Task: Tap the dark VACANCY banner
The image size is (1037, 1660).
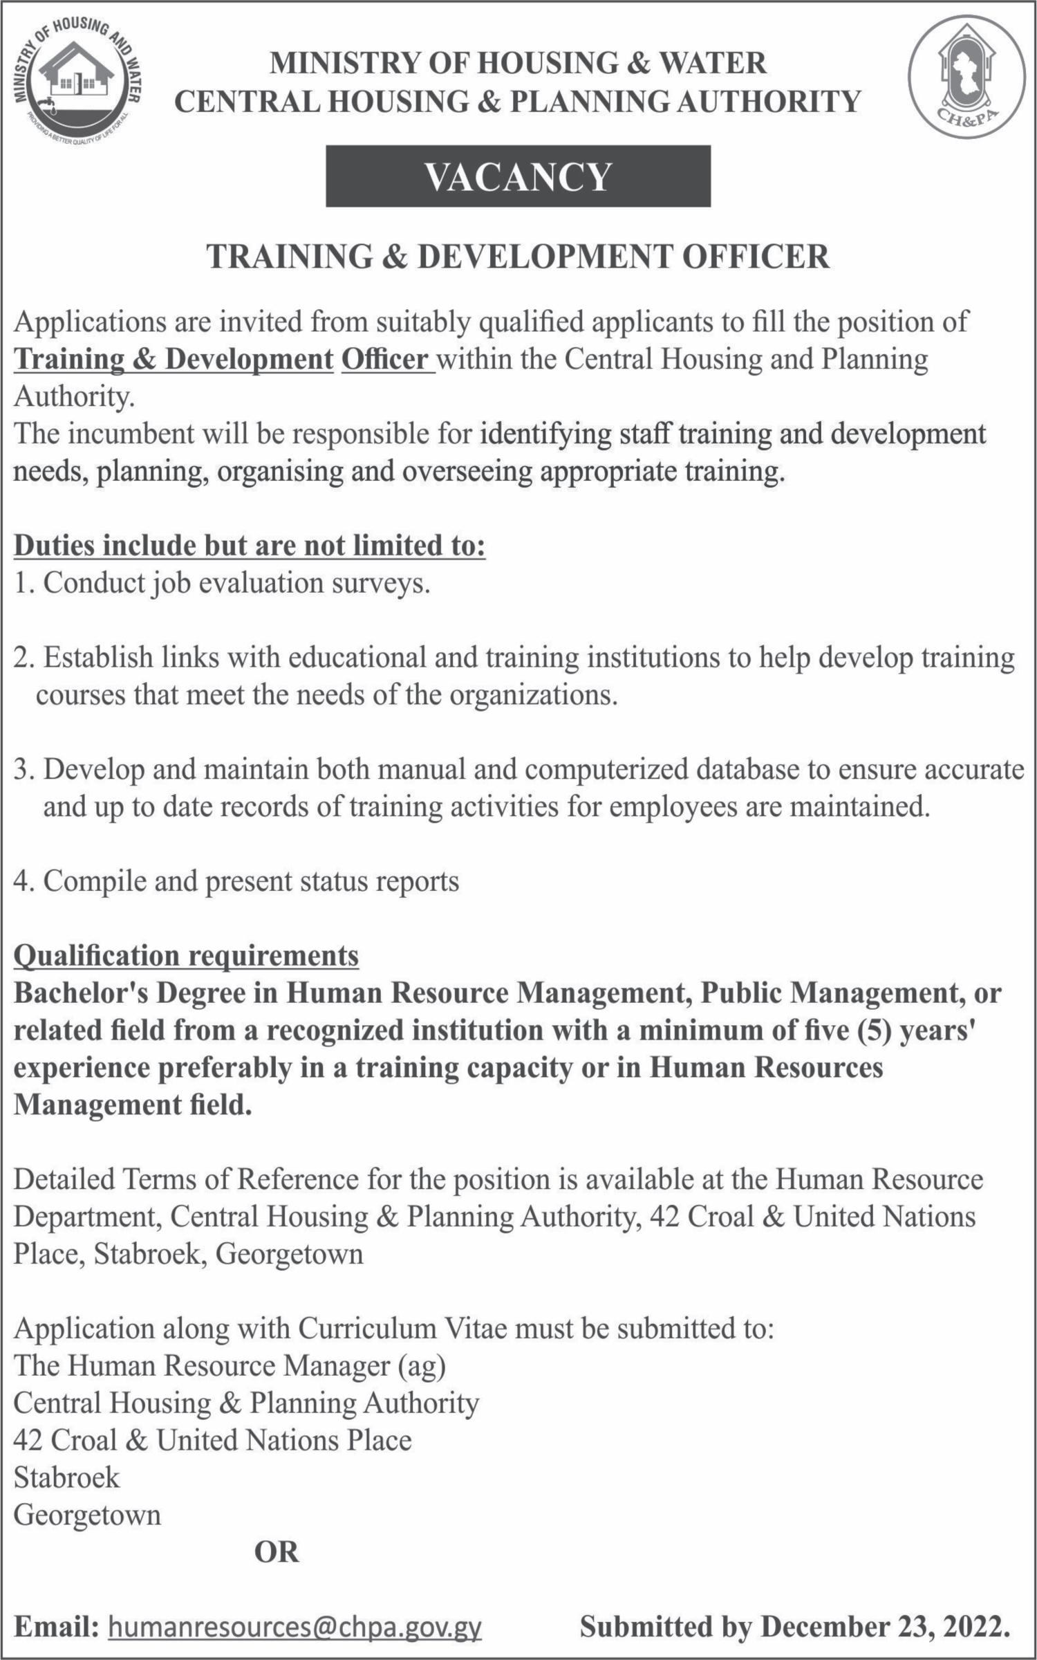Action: (x=518, y=176)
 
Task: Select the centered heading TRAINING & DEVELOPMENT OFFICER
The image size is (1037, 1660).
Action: (x=518, y=257)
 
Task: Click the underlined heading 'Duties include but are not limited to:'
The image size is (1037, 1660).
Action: (x=250, y=546)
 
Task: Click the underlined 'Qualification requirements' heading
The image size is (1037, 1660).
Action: (x=186, y=956)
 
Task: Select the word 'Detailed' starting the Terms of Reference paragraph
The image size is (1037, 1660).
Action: (x=63, y=1179)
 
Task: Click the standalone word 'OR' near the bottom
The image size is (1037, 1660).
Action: (x=277, y=1553)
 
